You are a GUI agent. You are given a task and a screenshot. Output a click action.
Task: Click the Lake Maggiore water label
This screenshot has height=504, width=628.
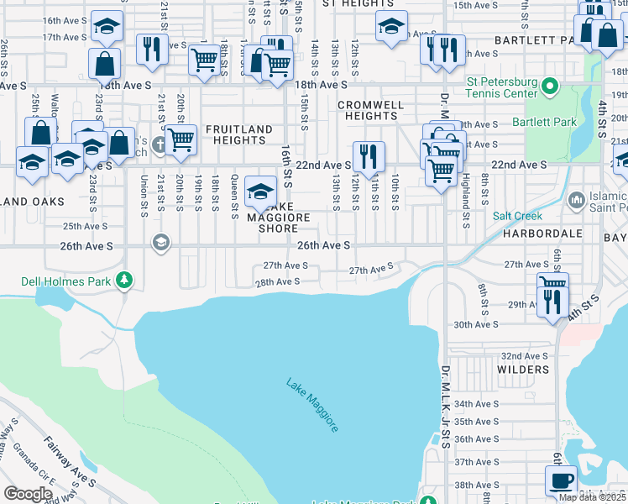pos(312,405)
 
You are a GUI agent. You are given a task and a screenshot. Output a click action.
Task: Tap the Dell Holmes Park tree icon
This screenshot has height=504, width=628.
pos(124,279)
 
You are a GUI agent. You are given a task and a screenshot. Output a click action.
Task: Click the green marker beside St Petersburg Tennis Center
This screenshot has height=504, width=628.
pos(550,86)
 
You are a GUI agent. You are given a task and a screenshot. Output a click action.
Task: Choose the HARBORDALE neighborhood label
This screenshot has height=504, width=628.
pos(537,235)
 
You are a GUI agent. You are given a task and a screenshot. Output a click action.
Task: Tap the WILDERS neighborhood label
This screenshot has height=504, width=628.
pos(522,370)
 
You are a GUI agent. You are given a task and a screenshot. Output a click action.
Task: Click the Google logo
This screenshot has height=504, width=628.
pos(28,494)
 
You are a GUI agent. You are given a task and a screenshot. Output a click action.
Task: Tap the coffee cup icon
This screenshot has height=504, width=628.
pos(561,481)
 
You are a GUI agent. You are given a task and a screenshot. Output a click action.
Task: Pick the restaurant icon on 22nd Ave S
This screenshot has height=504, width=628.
pos(368,155)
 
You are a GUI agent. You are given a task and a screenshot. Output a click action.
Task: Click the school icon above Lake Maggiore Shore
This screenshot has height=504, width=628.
pos(261,192)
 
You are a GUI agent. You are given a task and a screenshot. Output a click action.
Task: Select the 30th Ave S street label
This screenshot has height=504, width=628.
pos(477,324)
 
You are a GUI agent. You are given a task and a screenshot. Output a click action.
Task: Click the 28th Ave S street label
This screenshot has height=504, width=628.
pos(278,282)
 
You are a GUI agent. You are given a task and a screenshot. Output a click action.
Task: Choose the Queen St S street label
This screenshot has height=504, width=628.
pos(234,193)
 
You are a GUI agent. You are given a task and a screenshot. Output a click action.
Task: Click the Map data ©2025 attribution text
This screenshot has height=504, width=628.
pos(593,497)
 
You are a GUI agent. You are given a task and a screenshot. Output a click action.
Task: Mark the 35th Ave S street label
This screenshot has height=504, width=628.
pos(477,423)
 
